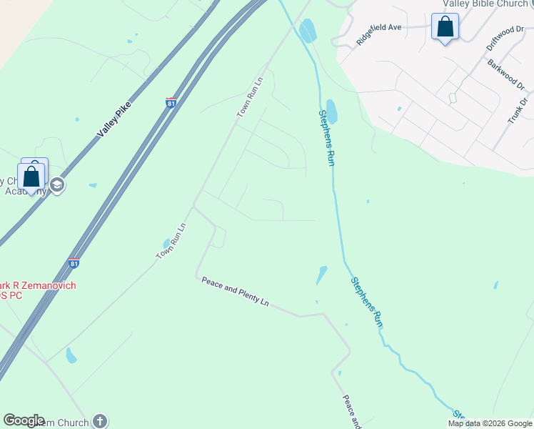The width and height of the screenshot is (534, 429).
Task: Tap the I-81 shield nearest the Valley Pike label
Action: tap(171, 103)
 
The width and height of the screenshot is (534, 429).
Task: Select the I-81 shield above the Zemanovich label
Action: tap(74, 264)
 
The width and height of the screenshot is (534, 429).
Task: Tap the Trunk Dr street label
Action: tap(520, 110)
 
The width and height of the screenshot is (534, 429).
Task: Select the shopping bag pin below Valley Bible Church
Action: tap(445, 27)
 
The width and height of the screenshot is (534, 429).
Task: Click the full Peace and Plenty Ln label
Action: tap(235, 292)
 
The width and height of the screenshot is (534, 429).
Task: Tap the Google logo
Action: tap(24, 420)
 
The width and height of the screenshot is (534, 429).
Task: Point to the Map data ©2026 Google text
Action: tap(489, 423)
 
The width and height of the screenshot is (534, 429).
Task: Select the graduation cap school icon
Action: tap(57, 186)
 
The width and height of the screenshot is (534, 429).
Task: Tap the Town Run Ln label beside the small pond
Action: tap(171, 241)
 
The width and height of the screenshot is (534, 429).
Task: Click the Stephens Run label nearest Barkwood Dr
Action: tap(327, 137)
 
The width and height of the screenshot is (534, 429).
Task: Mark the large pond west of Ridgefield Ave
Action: tap(308, 31)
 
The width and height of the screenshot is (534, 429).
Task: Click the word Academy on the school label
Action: tap(23, 191)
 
